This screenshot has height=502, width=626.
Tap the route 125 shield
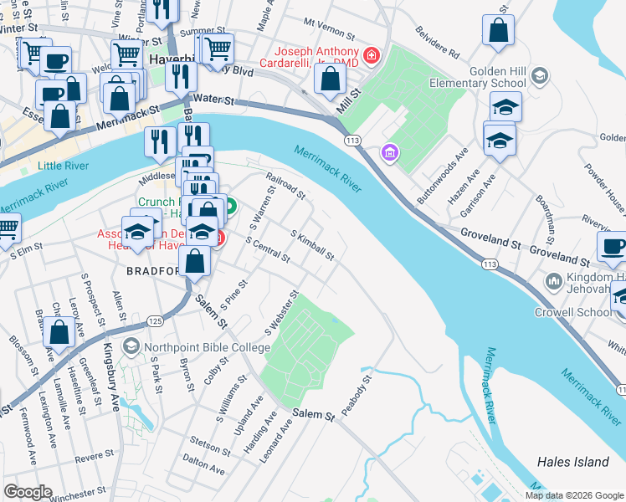pos(154,320)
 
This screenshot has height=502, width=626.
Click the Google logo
pos(28,491)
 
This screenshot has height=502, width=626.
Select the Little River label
pos(64,166)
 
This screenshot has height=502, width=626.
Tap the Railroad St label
pos(286,187)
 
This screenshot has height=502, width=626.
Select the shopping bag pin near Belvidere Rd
pos(498,32)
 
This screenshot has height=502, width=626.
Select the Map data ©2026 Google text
pos(573,494)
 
